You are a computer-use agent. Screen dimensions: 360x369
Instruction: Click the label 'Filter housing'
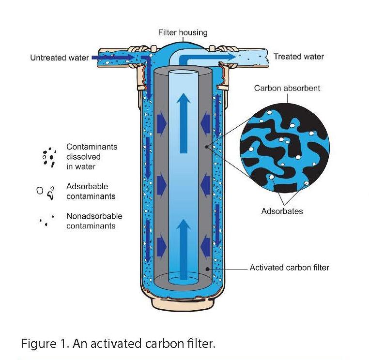click(183, 33)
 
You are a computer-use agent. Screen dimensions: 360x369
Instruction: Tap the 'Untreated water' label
click(59, 58)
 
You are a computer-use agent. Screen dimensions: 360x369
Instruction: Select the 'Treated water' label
click(298, 57)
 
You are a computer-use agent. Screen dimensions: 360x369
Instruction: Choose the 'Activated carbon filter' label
click(289, 268)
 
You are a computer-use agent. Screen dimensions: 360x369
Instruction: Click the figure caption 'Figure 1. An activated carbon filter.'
click(118, 344)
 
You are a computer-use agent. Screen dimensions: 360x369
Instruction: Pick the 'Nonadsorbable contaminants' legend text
click(94, 221)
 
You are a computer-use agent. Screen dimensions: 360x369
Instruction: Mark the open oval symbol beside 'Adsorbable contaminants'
click(40, 190)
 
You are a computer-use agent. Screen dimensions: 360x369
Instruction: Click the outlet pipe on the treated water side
click(252, 57)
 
